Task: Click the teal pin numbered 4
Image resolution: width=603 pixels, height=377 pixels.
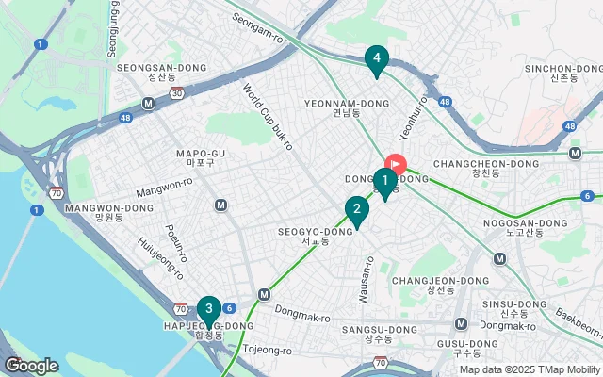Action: (x=376, y=59)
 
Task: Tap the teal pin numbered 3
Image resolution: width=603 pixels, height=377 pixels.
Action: (x=208, y=308)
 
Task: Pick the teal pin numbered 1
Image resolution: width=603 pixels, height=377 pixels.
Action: (x=384, y=180)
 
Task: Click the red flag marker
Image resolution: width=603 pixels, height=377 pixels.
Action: (x=395, y=163)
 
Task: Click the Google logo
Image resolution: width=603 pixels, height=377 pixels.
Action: (x=30, y=366)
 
